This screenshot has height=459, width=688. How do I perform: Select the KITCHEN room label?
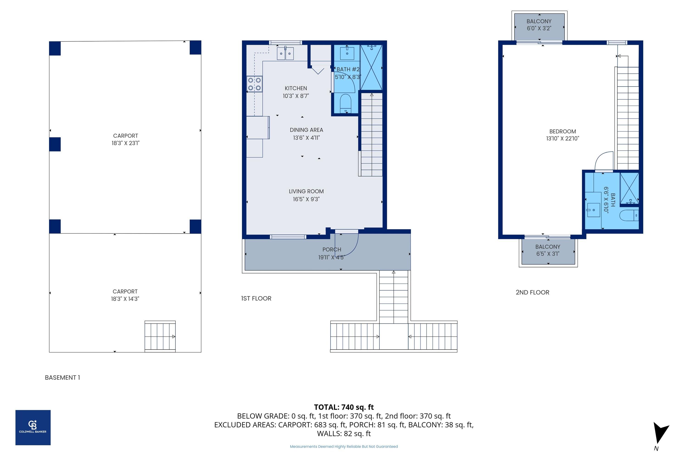[x=296, y=88]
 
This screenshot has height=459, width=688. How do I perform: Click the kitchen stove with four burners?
[x=254, y=84]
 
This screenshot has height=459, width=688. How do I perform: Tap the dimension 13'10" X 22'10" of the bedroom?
[x=563, y=138]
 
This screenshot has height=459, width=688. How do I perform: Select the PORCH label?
[x=332, y=249]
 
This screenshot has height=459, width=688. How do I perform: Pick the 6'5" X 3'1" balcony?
[x=548, y=251]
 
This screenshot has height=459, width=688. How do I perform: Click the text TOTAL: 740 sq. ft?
[x=344, y=407]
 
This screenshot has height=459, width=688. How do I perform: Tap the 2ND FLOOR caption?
[x=532, y=292]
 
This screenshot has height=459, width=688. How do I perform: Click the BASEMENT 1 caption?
[x=62, y=378]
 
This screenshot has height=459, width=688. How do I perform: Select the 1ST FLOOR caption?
[x=256, y=298]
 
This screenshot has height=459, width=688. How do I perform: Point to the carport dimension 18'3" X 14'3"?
[x=125, y=299]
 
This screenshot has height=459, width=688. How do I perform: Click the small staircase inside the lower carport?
[x=160, y=336]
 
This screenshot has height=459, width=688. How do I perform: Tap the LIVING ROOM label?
[x=306, y=191]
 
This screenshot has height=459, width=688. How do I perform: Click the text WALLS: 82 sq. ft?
[x=344, y=434]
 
